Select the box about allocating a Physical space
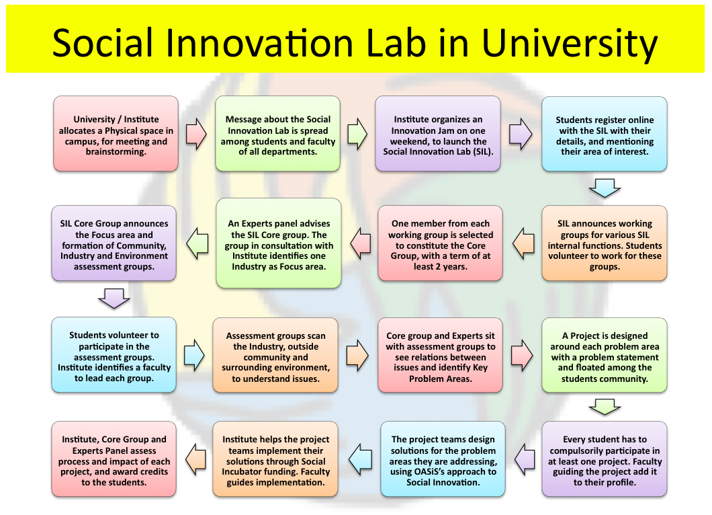[x=116, y=134]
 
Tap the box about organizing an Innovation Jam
[x=438, y=134]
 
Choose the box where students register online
[x=605, y=134]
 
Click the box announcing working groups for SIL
[x=605, y=243]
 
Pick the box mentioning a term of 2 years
[x=440, y=243]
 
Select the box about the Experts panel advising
[x=279, y=243]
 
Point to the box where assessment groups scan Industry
[x=275, y=355]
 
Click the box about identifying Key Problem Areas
[x=440, y=355]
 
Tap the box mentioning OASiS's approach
[x=443, y=459]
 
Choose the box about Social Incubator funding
[x=275, y=459]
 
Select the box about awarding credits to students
[x=114, y=459]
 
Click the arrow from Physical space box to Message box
[x=196, y=134]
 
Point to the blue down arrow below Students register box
[x=605, y=188]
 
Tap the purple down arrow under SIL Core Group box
[x=114, y=299]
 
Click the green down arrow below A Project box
[x=605, y=407]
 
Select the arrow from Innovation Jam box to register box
[x=521, y=134]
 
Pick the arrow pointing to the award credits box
[x=195, y=460]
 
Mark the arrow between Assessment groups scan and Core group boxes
[x=357, y=355]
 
